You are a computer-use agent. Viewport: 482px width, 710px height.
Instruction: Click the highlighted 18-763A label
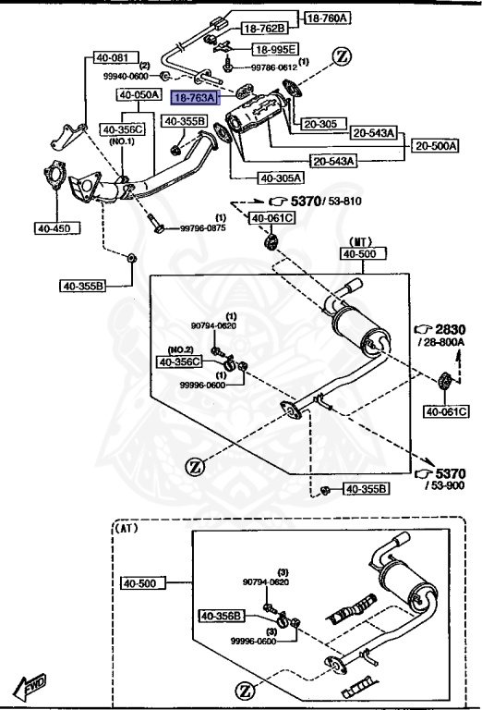pos(195,97)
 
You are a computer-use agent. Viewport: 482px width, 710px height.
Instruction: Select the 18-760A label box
pos(328,18)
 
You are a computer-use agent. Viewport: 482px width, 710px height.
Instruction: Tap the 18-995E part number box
pos(275,49)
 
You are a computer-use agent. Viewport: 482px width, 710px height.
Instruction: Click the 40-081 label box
pos(112,57)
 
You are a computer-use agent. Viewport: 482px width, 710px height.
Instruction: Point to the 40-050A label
pos(139,94)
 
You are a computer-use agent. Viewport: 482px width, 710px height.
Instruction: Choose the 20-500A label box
pos(436,146)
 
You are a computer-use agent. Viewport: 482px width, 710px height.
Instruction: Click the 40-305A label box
pos(281,177)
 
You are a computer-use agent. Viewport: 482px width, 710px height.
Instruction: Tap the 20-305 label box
pos(322,123)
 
